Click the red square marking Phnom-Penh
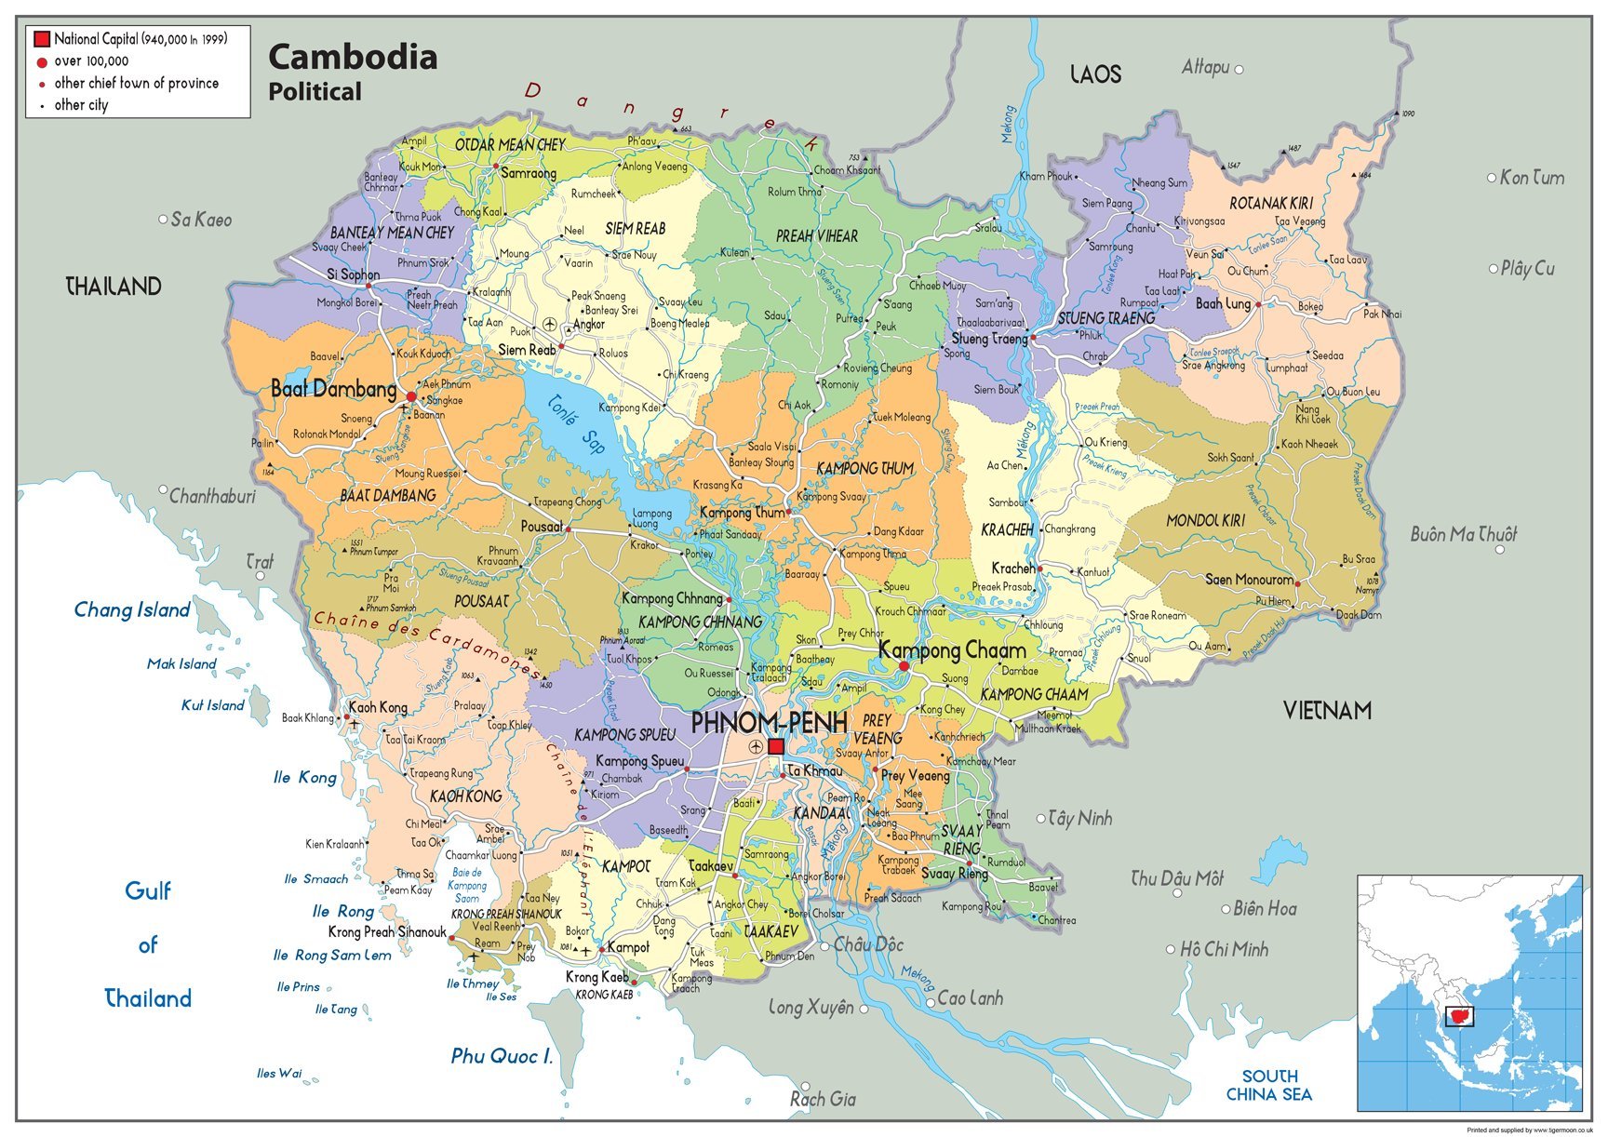coord(776,746)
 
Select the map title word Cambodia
coord(353,58)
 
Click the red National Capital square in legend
coord(42,39)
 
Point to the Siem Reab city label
coord(527,350)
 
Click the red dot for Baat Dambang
coord(411,396)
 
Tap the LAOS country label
coord(1095,74)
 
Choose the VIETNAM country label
coord(1327,711)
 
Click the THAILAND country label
coord(114,287)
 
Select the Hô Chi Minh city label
coord(1224,949)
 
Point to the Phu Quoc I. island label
coord(502,1056)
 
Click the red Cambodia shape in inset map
coord(1457,1017)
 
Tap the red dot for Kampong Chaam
coord(904,666)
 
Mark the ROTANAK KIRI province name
coord(1270,203)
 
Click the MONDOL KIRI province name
coord(1205,521)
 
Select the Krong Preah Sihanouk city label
coord(387,931)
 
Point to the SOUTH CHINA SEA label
coord(1269,1085)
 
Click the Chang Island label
coord(132,610)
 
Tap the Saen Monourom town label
coord(1249,580)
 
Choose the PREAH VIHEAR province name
coord(817,236)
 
